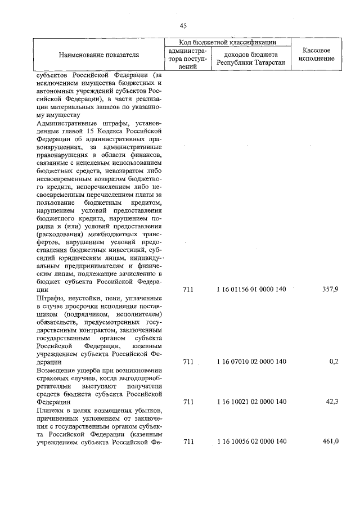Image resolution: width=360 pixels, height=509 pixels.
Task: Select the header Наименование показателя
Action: point(98,55)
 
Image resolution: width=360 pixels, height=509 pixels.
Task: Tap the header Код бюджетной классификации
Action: point(227,42)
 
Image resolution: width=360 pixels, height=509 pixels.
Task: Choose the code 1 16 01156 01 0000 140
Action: point(251,290)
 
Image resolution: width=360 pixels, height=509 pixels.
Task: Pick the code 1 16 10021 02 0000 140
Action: point(251,402)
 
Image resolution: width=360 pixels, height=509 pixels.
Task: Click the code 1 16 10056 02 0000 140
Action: point(251,442)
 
